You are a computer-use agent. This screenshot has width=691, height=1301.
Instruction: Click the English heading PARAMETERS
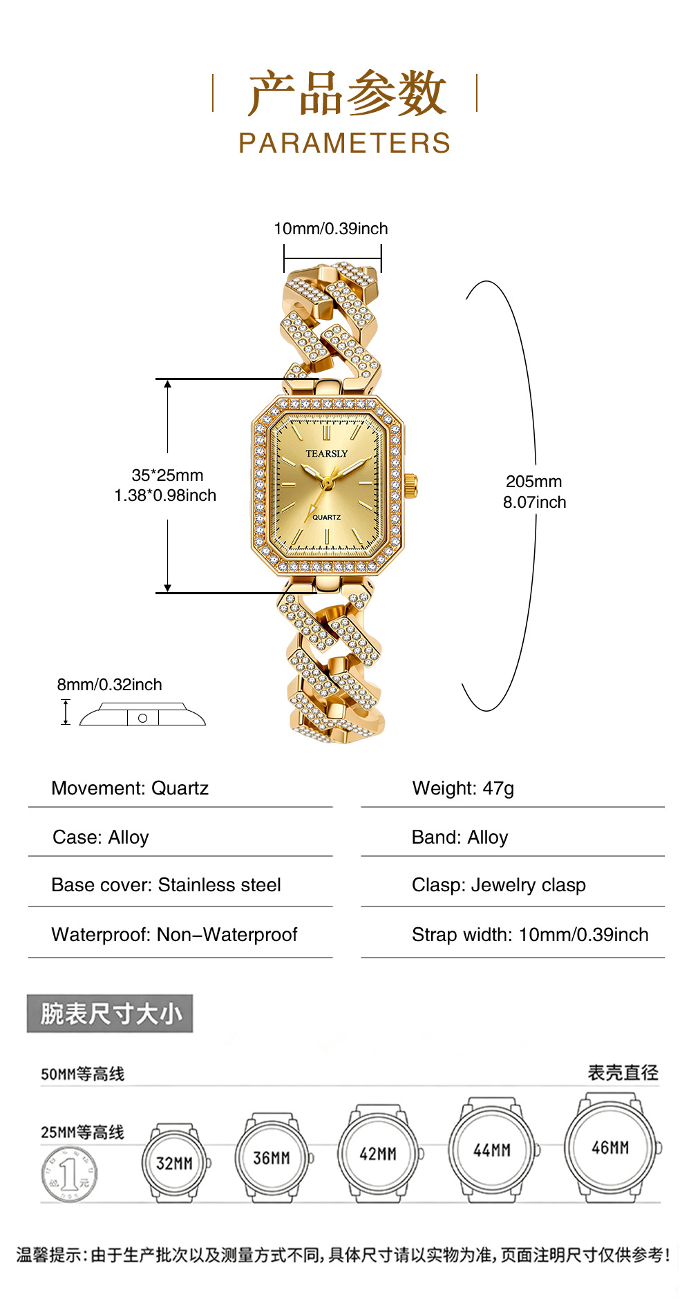click(x=345, y=143)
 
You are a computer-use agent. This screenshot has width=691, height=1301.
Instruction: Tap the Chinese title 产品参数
click(x=347, y=93)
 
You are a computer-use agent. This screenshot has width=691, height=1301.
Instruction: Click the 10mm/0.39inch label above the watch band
click(x=331, y=229)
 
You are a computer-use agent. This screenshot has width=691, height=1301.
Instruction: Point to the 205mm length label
click(x=534, y=482)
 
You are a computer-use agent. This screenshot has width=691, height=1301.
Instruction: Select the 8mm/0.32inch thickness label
click(x=109, y=685)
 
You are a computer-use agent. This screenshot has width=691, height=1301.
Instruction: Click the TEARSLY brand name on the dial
click(x=327, y=454)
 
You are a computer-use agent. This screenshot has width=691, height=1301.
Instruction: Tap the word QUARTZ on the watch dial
click(x=326, y=517)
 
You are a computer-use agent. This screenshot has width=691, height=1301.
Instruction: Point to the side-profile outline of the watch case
click(x=142, y=714)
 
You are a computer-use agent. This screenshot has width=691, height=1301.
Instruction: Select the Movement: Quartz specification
click(x=130, y=788)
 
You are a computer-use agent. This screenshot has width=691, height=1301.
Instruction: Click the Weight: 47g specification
click(x=463, y=788)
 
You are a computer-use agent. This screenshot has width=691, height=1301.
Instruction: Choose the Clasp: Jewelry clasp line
click(x=499, y=885)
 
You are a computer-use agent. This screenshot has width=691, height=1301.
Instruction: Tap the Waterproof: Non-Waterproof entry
click(x=174, y=935)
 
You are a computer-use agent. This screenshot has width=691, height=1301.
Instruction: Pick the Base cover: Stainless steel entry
click(x=166, y=885)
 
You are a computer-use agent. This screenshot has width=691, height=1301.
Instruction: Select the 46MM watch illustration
click(x=612, y=1148)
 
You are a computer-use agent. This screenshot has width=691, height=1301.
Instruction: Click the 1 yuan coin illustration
click(x=69, y=1174)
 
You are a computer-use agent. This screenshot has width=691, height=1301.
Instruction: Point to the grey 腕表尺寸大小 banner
click(x=110, y=1014)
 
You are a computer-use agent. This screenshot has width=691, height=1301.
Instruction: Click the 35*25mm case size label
click(x=167, y=475)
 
